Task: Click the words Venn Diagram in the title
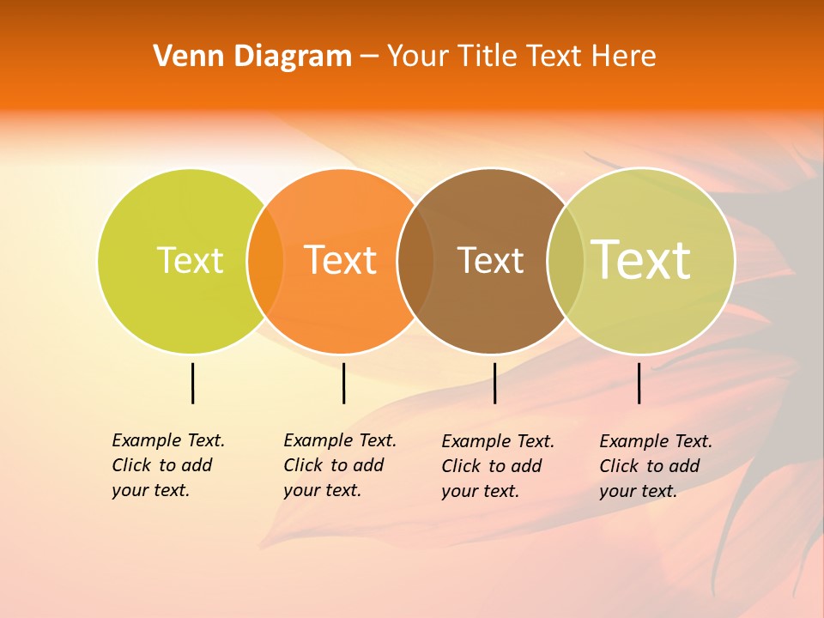click(x=252, y=57)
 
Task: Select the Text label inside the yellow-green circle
click(x=190, y=260)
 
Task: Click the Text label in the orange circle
click(x=341, y=260)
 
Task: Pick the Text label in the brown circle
click(x=490, y=260)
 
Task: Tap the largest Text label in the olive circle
click(x=641, y=259)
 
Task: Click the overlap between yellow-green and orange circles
click(x=265, y=261)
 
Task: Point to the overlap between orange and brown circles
click(x=415, y=261)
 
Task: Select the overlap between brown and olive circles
click(x=566, y=261)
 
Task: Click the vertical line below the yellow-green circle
click(x=192, y=383)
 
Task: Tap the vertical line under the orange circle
click(x=343, y=383)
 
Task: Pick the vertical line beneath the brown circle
click(x=494, y=383)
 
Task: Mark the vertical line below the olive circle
click(x=639, y=383)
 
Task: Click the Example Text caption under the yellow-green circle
click(x=167, y=465)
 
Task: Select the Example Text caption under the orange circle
click(x=339, y=465)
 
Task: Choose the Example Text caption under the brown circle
click(x=497, y=466)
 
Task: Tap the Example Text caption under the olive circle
click(x=655, y=466)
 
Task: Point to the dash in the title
click(x=369, y=57)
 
